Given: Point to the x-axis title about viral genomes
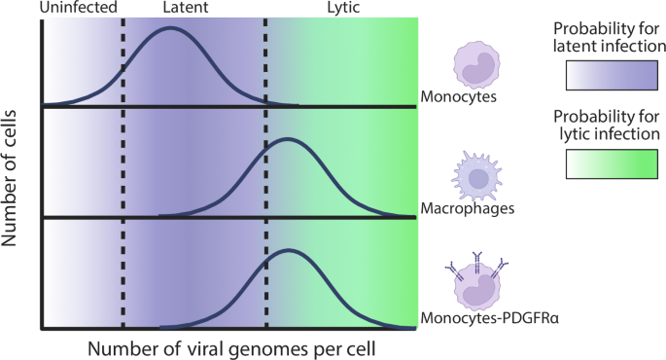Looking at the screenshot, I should coord(231,346).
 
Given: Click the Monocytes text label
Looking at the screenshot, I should coord(459,96).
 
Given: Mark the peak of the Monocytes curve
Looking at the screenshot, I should coord(171,28).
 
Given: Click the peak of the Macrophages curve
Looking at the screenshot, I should coord(287,140).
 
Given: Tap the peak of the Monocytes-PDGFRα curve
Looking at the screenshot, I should coord(287,251).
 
